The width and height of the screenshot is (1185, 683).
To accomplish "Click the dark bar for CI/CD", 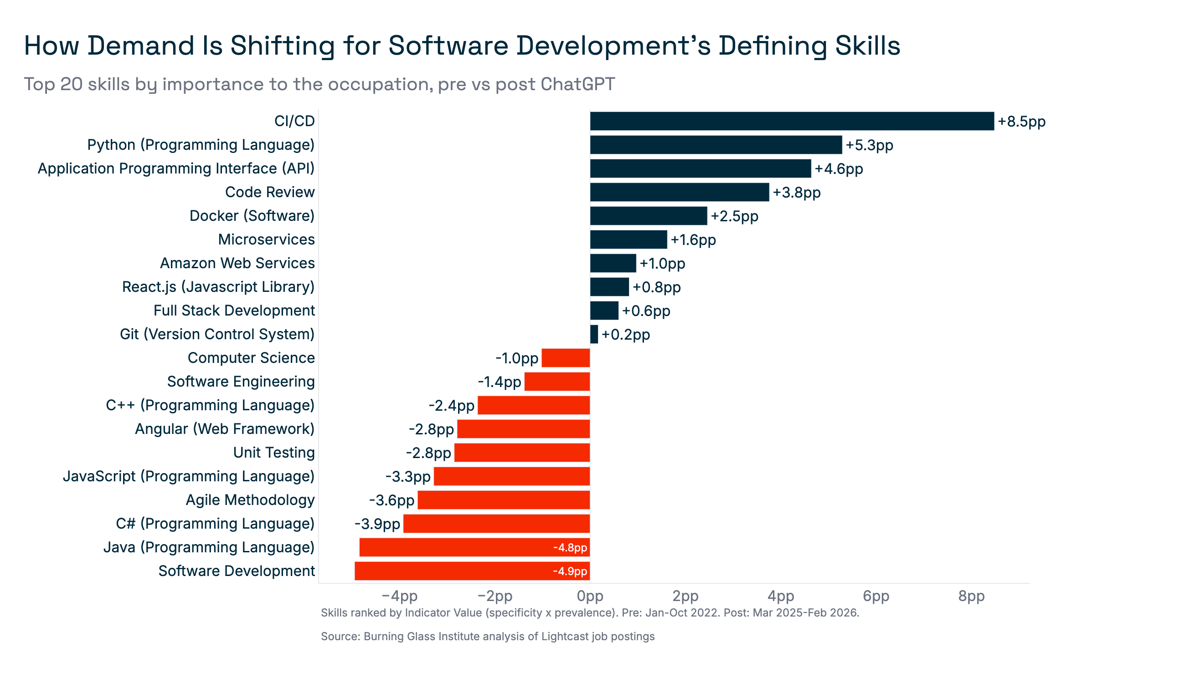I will [792, 121].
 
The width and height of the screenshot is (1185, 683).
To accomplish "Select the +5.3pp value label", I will [869, 145].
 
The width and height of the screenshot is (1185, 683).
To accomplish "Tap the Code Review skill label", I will [269, 192].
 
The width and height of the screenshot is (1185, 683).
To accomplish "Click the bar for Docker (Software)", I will [648, 216].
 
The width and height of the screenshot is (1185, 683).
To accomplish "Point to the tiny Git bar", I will [594, 335].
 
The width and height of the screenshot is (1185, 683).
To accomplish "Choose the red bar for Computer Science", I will [565, 358].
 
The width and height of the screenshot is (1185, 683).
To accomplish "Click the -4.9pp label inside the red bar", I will [570, 571].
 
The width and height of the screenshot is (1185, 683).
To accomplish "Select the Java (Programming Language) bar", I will [474, 547].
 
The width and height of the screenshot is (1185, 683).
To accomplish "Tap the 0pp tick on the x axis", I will [590, 596].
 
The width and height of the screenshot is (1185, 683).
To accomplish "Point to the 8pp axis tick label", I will [971, 596].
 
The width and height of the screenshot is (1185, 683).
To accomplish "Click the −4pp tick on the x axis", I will [399, 596].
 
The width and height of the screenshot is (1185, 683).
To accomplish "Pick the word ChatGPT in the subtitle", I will [577, 84].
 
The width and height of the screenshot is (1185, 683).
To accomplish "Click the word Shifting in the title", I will [282, 46].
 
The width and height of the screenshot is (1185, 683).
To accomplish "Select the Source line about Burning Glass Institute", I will [487, 636].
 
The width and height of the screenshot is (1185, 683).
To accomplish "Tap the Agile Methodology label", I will [250, 500].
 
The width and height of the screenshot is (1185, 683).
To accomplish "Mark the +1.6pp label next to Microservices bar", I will [692, 240].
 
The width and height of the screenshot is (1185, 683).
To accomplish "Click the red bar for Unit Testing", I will [521, 452].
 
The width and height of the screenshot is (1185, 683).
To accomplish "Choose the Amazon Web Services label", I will [237, 263].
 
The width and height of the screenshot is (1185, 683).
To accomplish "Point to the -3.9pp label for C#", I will [377, 524].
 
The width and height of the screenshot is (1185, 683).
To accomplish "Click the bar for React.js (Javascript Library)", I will [609, 286].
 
